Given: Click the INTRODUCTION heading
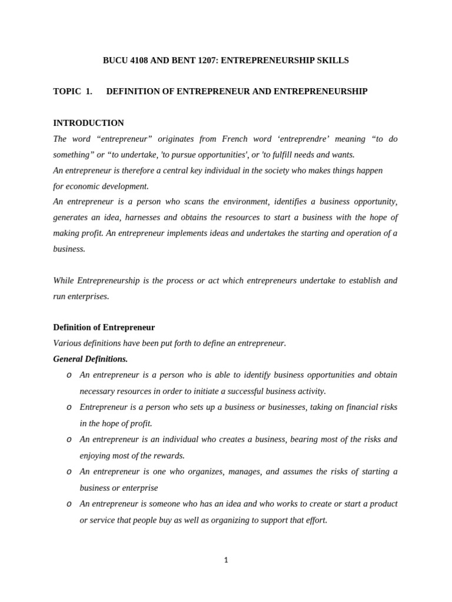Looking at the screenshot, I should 88,123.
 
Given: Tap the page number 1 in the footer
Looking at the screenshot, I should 226,560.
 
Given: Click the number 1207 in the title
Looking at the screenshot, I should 198,61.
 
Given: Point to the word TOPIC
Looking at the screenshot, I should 67,91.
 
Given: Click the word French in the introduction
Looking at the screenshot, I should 235,139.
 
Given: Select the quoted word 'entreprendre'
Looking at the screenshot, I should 308,139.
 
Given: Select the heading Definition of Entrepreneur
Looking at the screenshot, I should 104,327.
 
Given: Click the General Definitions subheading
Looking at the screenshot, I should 90,359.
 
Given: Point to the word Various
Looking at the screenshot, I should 67,343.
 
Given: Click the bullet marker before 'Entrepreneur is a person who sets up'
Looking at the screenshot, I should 69,407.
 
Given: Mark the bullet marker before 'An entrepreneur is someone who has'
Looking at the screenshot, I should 69,504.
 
